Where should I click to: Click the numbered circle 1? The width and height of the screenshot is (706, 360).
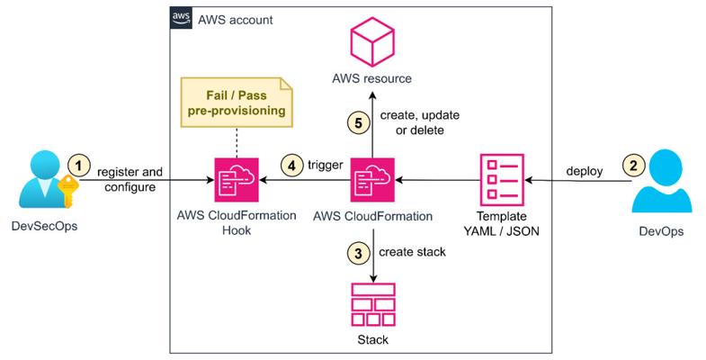79,166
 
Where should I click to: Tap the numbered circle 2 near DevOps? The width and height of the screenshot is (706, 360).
633,166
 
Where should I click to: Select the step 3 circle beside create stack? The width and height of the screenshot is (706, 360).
359,253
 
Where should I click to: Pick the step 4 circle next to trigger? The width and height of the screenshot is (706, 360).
291,166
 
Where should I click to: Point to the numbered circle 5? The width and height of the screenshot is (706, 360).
359,123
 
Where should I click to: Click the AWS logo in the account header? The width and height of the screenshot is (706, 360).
181,19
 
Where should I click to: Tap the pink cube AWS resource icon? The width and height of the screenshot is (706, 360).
372,42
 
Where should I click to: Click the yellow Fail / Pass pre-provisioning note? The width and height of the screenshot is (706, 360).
237,103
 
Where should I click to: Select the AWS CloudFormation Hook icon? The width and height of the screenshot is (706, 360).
237,180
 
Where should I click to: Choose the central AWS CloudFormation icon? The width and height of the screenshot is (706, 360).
372,180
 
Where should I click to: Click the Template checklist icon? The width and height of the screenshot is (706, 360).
502,180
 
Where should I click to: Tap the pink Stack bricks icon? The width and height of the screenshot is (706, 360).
373,304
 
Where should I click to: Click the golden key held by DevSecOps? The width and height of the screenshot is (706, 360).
68,191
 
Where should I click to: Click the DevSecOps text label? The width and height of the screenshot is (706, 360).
44,226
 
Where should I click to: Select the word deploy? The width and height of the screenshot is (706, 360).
585,171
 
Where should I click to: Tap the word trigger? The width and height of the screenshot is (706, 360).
326,166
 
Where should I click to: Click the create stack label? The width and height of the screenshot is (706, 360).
412,252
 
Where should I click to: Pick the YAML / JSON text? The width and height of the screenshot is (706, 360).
502,231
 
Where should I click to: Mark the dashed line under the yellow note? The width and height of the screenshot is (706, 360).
237,142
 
